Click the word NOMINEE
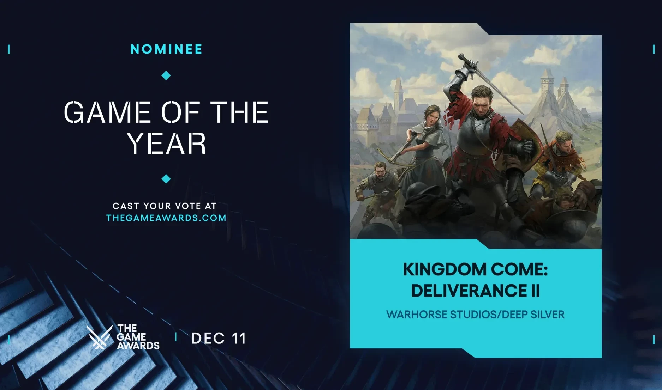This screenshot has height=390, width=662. pos(166,49)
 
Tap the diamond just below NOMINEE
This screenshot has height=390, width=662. pos(166,75)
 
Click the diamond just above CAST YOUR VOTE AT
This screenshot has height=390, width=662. pos(166,179)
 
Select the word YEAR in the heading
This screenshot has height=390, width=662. pos(166,144)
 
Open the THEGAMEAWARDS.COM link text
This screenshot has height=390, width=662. pos(166,218)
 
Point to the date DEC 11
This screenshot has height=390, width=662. pos(219,339)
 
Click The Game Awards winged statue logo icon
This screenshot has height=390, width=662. pos(99,337)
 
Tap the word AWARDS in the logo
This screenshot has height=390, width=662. pos(138,346)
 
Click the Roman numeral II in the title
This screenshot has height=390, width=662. pos(535,291)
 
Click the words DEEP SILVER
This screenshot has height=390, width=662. pos(533,315)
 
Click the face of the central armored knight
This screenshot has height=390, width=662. pos(481,103)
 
